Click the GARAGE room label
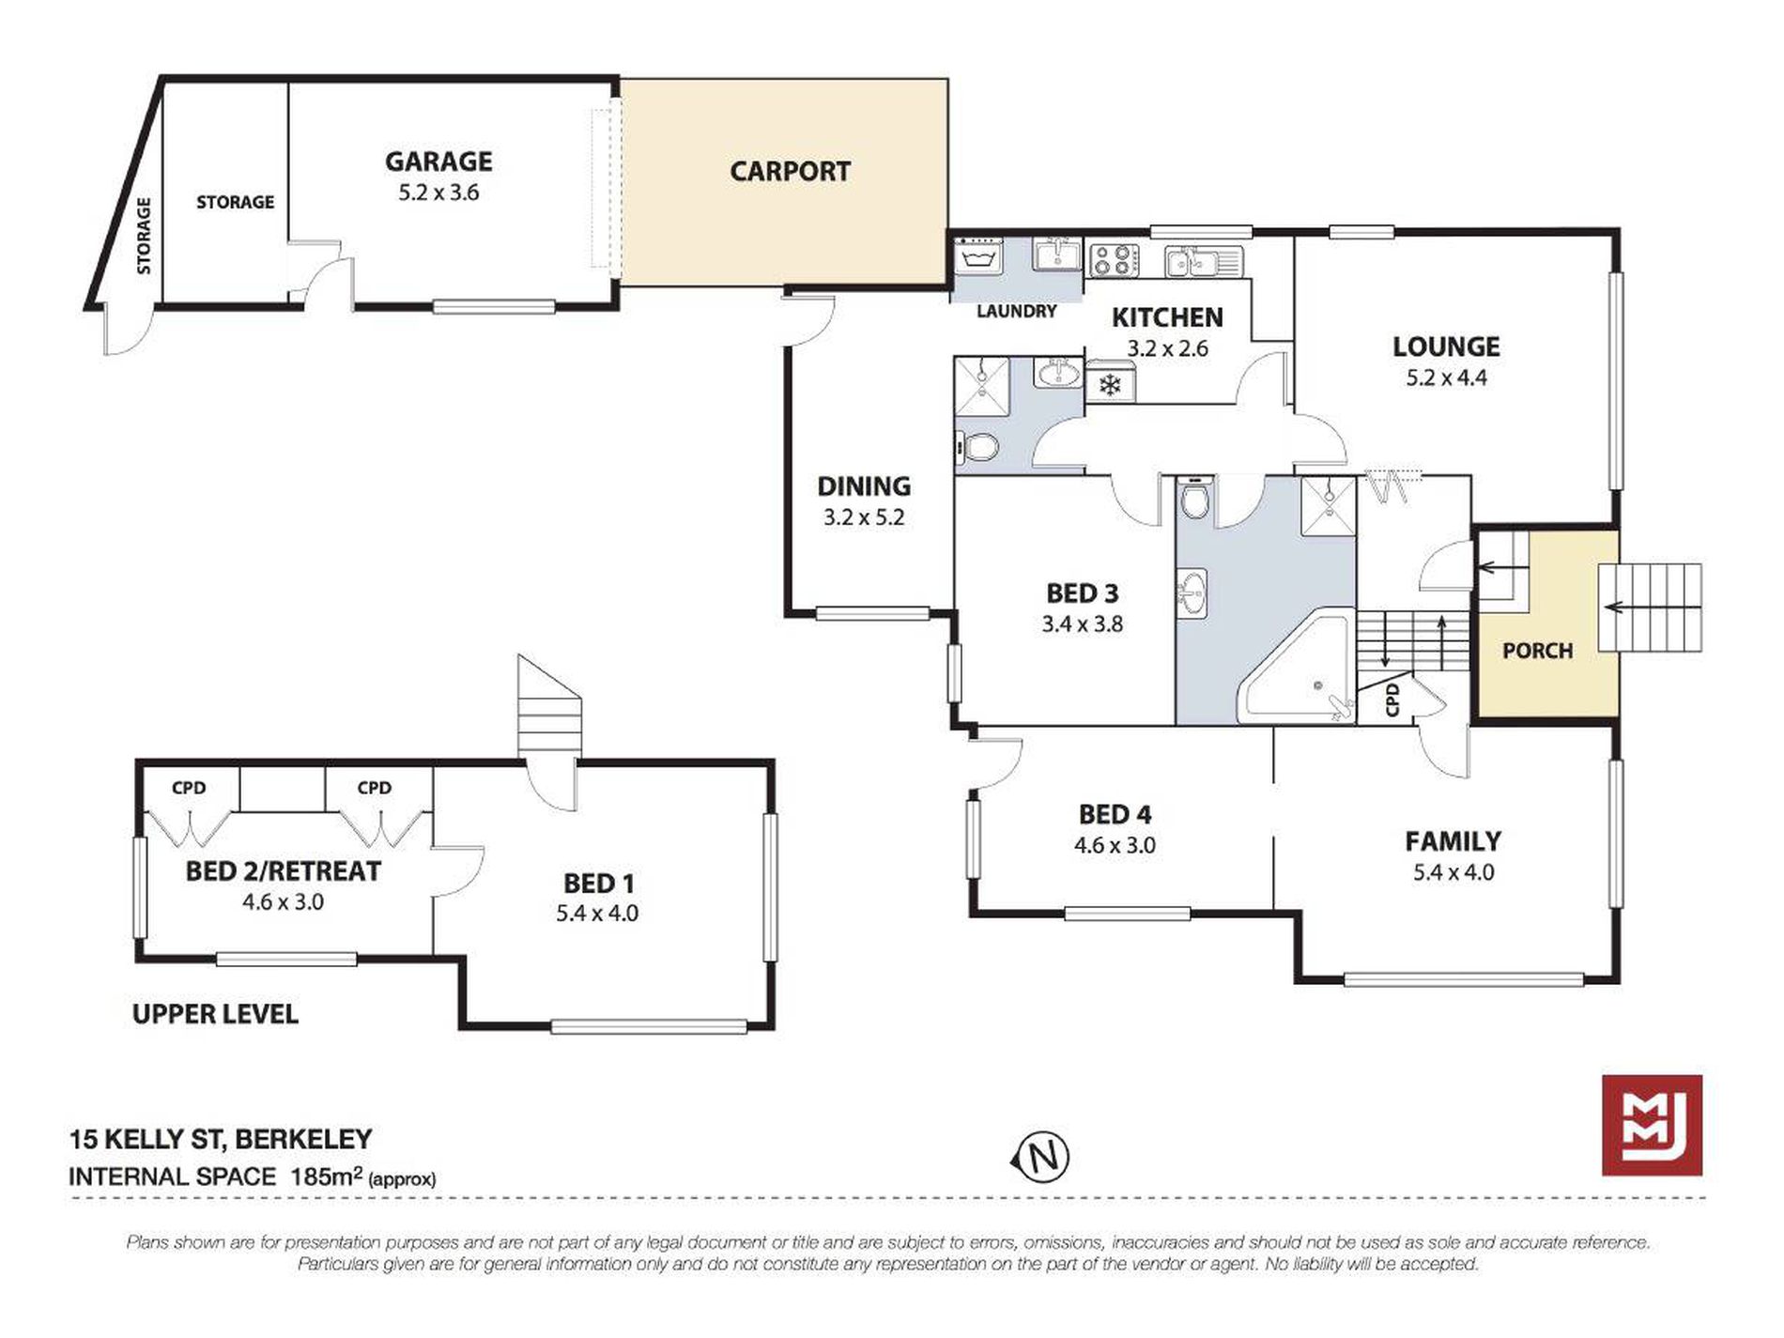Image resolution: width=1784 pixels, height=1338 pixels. click(x=438, y=161)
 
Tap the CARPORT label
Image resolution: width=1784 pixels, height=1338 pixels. click(x=791, y=172)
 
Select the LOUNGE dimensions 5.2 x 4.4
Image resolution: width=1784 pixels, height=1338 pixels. click(x=1446, y=378)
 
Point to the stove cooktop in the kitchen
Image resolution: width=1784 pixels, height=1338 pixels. click(x=1115, y=259)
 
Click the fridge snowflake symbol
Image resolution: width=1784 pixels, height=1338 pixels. click(x=1110, y=385)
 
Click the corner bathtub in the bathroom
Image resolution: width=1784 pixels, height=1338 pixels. click(x=1297, y=666)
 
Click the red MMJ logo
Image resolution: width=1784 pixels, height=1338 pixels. click(x=1652, y=1125)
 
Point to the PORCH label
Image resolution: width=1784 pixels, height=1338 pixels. click(x=1537, y=651)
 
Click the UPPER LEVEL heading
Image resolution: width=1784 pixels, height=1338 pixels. click(x=215, y=1014)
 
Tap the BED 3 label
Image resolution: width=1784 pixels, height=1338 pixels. click(x=1083, y=593)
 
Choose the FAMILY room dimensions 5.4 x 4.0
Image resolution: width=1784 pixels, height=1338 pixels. click(x=1453, y=872)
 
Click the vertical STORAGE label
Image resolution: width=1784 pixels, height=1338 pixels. click(x=144, y=236)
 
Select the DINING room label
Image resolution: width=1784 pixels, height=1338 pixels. click(x=864, y=486)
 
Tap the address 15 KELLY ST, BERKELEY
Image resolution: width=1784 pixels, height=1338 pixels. click(x=221, y=1140)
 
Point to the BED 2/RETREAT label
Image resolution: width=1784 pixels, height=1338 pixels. click(x=283, y=871)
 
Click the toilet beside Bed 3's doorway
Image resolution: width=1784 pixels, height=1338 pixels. click(x=1194, y=500)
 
